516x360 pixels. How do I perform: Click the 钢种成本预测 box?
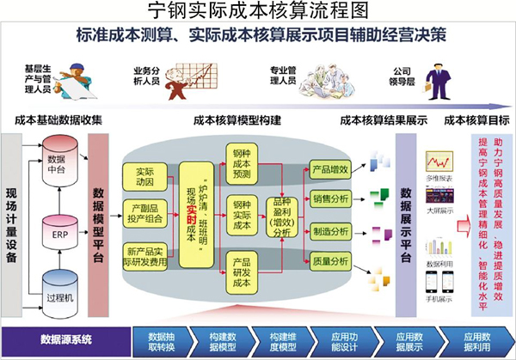(x=242, y=164)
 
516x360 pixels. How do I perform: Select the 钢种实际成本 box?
(x=242, y=215)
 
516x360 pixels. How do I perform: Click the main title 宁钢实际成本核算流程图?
(x=258, y=11)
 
